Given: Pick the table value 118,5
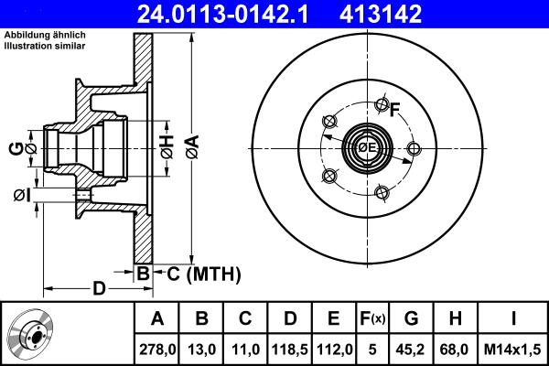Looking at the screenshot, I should (x=289, y=348).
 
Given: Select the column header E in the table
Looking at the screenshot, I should (x=334, y=318).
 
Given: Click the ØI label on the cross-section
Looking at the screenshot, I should (x=22, y=194).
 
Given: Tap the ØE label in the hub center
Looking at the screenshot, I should (x=367, y=147).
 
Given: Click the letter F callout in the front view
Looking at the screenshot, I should (x=395, y=112).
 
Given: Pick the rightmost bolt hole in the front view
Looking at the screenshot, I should (x=414, y=149).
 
